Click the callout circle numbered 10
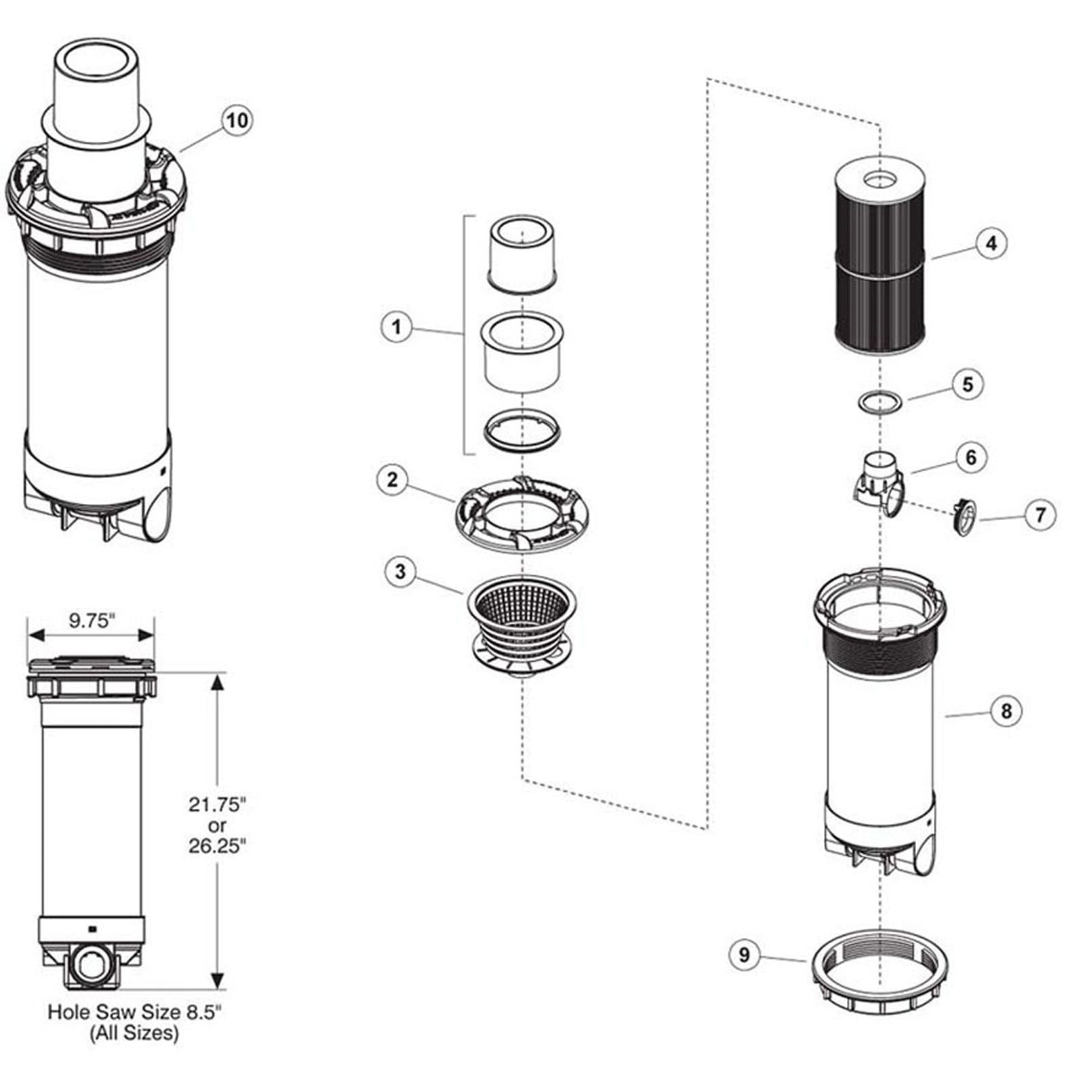pyautogui.click(x=237, y=121)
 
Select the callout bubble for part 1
pyautogui.click(x=397, y=327)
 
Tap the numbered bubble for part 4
pyautogui.click(x=991, y=243)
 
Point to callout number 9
pyautogui.click(x=745, y=955)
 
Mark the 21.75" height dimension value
pyautogui.click(x=216, y=805)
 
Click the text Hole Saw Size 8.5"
pyautogui.click(x=134, y=1012)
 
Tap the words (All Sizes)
pyautogui.click(x=134, y=1033)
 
